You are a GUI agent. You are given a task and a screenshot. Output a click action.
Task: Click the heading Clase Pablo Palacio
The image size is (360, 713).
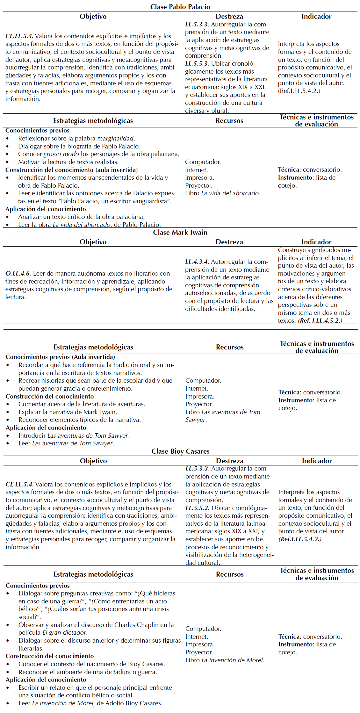180,7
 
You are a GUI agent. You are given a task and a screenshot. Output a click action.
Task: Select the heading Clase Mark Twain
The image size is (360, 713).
180,232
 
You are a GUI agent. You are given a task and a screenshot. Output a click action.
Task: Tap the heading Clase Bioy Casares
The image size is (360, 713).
180,451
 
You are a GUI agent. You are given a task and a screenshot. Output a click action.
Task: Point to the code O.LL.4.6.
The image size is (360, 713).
18,273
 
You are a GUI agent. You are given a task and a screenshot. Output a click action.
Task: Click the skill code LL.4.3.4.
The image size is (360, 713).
197,262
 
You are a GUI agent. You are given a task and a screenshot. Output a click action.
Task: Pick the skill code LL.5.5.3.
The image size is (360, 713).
197,63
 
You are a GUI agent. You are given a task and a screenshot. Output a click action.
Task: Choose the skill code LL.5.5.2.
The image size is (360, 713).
197,508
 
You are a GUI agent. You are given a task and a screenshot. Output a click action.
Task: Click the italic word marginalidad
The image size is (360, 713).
115,138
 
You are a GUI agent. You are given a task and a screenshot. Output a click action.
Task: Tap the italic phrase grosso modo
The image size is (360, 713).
61,154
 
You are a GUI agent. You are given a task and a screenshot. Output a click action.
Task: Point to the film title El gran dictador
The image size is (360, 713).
64,632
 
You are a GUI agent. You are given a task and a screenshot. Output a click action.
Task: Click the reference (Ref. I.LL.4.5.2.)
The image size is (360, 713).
320,320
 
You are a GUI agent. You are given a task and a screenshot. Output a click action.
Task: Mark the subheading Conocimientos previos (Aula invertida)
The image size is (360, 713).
60,357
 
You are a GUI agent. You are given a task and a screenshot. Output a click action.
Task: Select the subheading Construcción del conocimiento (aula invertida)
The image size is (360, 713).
71,170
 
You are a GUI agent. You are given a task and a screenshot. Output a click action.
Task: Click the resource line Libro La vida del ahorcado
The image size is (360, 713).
222,193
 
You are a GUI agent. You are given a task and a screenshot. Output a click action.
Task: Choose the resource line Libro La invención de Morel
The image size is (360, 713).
225,660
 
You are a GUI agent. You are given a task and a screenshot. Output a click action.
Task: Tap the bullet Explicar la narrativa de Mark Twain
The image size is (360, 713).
68,412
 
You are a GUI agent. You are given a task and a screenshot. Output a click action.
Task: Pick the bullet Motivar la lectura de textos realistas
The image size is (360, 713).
68,162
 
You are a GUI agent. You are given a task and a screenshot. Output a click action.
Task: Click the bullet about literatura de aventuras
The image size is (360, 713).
82,404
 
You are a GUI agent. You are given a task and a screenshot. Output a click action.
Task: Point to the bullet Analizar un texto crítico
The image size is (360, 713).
81,217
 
